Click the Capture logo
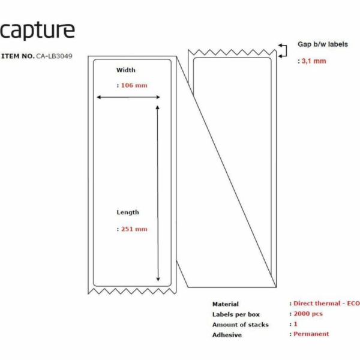pos(37,31)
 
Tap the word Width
pos(126,70)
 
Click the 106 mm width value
pos(134,85)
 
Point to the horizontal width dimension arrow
pos(130,97)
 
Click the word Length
pos(128,212)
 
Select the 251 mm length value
pos(134,229)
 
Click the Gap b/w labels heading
pos(323,44)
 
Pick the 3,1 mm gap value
pos(314,61)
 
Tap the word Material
pos(225,304)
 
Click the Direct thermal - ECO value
pos(326,304)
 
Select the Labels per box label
pos(236,314)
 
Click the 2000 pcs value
pos(310,314)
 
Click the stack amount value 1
pos(295,324)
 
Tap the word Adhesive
pos(227,335)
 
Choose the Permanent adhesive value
pos(311,334)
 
